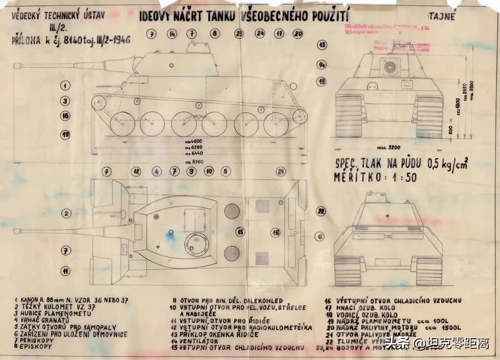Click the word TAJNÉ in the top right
click(x=442, y=17)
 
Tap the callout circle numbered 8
click(x=214, y=34)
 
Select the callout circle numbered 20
click(x=298, y=34)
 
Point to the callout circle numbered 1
click(x=65, y=85)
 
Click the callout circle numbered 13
click(x=321, y=44)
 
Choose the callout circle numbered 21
click(x=280, y=171)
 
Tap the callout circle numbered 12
click(x=136, y=171)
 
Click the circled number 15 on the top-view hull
click(x=240, y=232)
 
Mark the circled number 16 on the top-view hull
click(x=276, y=233)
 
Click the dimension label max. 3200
click(x=389, y=146)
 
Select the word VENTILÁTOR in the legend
click(x=198, y=341)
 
